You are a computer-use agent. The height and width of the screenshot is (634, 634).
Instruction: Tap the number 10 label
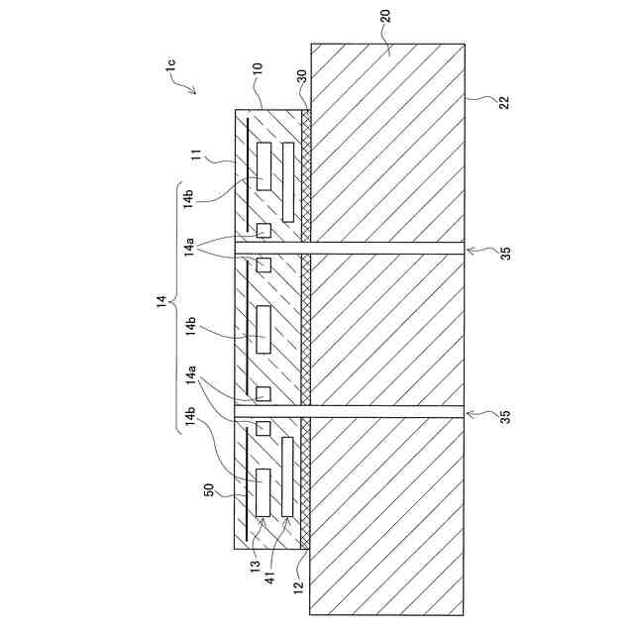click(258, 71)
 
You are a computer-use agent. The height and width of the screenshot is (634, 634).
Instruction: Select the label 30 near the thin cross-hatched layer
click(302, 77)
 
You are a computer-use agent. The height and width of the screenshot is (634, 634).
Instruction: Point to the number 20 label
click(386, 18)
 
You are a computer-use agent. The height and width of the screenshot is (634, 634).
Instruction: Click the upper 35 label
click(505, 254)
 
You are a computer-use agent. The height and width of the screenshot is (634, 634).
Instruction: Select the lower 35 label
click(505, 416)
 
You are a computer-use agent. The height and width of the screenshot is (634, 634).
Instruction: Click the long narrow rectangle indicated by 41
click(287, 477)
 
